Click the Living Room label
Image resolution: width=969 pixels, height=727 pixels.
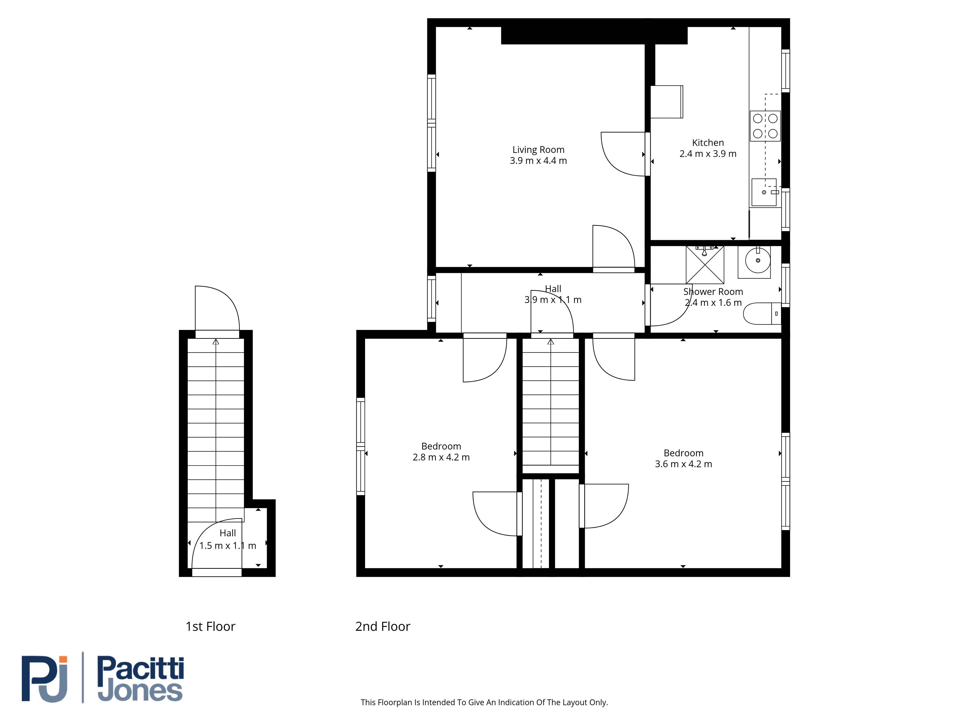tap(538, 150)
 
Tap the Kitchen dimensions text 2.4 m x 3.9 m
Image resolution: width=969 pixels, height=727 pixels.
tap(708, 154)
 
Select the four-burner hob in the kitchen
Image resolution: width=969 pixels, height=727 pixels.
tap(765, 126)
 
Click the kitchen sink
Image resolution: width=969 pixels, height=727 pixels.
tap(764, 192)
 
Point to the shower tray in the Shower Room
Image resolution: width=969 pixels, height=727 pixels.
tap(705, 265)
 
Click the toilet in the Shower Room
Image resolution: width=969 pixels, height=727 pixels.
tap(762, 313)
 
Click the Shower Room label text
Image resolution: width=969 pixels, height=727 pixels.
tap(713, 292)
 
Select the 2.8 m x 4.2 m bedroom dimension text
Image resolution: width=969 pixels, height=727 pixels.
tap(441, 458)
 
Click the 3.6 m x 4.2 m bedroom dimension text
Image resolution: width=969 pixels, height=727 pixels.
tap(683, 464)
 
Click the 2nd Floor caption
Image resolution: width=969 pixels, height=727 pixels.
tap(383, 627)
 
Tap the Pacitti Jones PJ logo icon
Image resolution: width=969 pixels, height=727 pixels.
tap(45, 679)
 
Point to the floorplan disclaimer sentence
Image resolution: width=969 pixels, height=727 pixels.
tap(484, 703)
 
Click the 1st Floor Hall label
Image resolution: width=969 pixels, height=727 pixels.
tap(228, 533)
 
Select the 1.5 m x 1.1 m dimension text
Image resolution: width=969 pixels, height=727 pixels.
tap(228, 545)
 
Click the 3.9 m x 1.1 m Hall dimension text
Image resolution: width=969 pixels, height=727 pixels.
tap(553, 300)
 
